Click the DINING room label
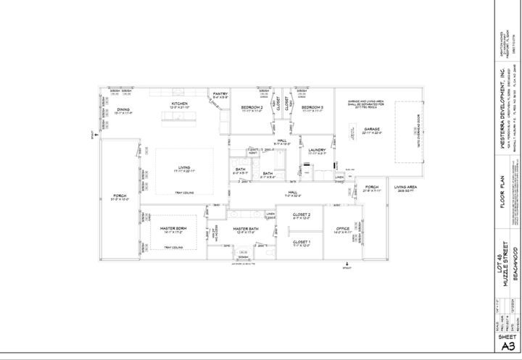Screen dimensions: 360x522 pyautogui.click(x=123, y=109)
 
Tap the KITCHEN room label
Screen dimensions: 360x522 pyautogui.click(x=180, y=104)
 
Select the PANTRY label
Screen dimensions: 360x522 pyautogui.click(x=220, y=93)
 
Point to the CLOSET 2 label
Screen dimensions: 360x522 pyautogui.click(x=302, y=215)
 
